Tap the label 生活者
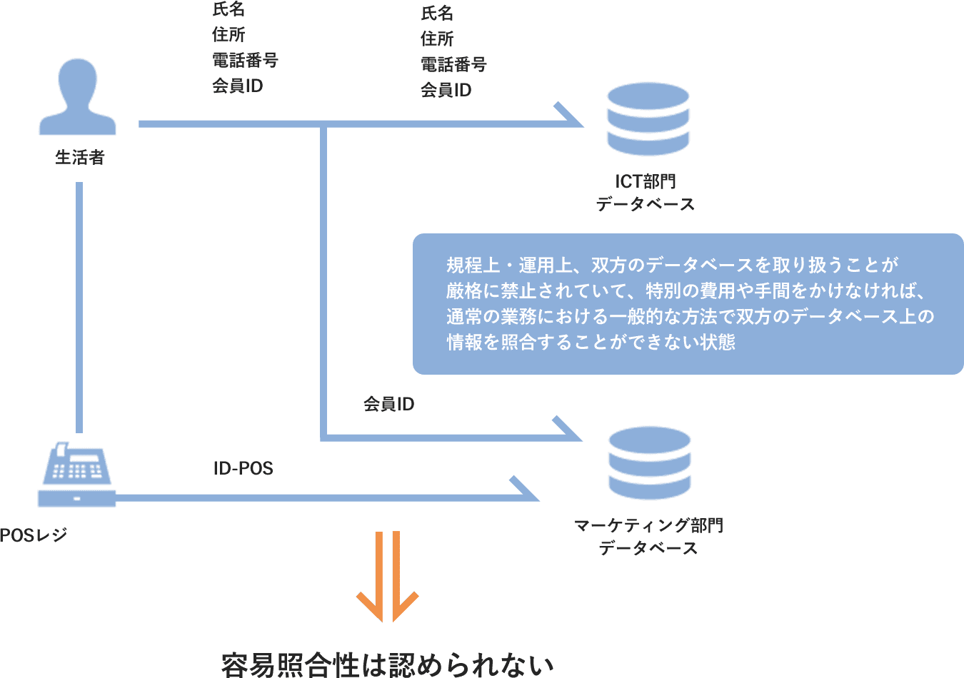coord(80,158)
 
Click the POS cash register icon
coord(76,475)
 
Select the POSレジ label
coord(34,535)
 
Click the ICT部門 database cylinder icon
coord(648,119)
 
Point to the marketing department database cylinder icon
coord(649,463)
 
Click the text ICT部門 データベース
coord(646,193)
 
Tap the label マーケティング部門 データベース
coord(648,537)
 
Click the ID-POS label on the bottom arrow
coord(243,468)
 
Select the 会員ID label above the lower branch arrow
coord(388,404)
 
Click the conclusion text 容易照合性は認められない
coord(388,664)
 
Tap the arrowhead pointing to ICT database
coord(571,118)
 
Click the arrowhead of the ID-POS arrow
coord(527,491)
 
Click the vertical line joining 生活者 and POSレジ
coord(79,307)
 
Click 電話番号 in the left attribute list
coord(245,61)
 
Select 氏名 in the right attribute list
coord(437,14)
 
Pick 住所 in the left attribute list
coord(229,35)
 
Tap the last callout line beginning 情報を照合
coord(591,342)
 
